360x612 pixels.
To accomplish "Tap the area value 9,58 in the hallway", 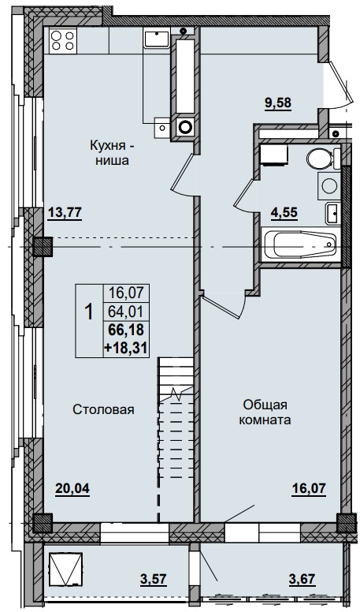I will (276, 102).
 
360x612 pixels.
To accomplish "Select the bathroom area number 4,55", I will (284, 211).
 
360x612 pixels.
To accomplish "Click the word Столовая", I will (104, 410).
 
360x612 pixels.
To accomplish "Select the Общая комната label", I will (266, 411).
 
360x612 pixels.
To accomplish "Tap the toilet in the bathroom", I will (321, 159).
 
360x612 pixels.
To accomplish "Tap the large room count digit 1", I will (89, 312).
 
